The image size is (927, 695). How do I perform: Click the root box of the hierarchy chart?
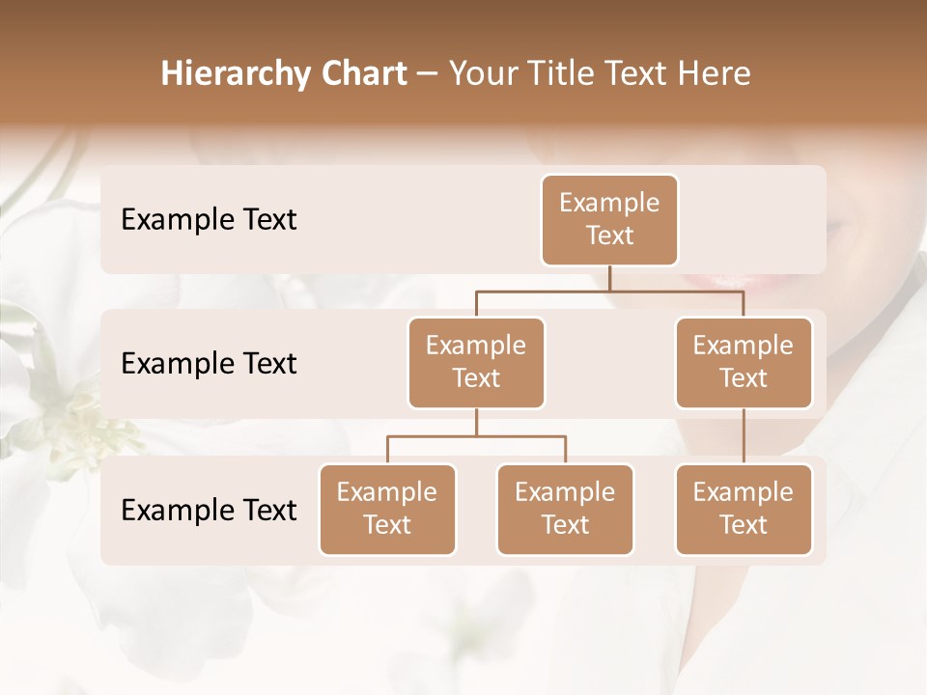click(609, 219)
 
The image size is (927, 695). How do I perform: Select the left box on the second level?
click(476, 362)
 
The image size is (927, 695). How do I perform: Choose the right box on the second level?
click(744, 362)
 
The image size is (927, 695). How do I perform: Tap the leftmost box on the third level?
click(387, 509)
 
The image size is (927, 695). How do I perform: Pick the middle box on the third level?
click(565, 509)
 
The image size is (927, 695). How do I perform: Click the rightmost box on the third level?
click(744, 509)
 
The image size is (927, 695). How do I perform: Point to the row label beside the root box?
click(209, 220)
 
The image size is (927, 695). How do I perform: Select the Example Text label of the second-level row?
click(209, 364)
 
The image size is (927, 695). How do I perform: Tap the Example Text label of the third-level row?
click(209, 510)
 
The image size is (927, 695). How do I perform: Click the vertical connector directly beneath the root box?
click(609, 278)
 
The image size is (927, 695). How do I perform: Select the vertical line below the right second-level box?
click(744, 436)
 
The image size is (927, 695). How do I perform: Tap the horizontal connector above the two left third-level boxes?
click(476, 436)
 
